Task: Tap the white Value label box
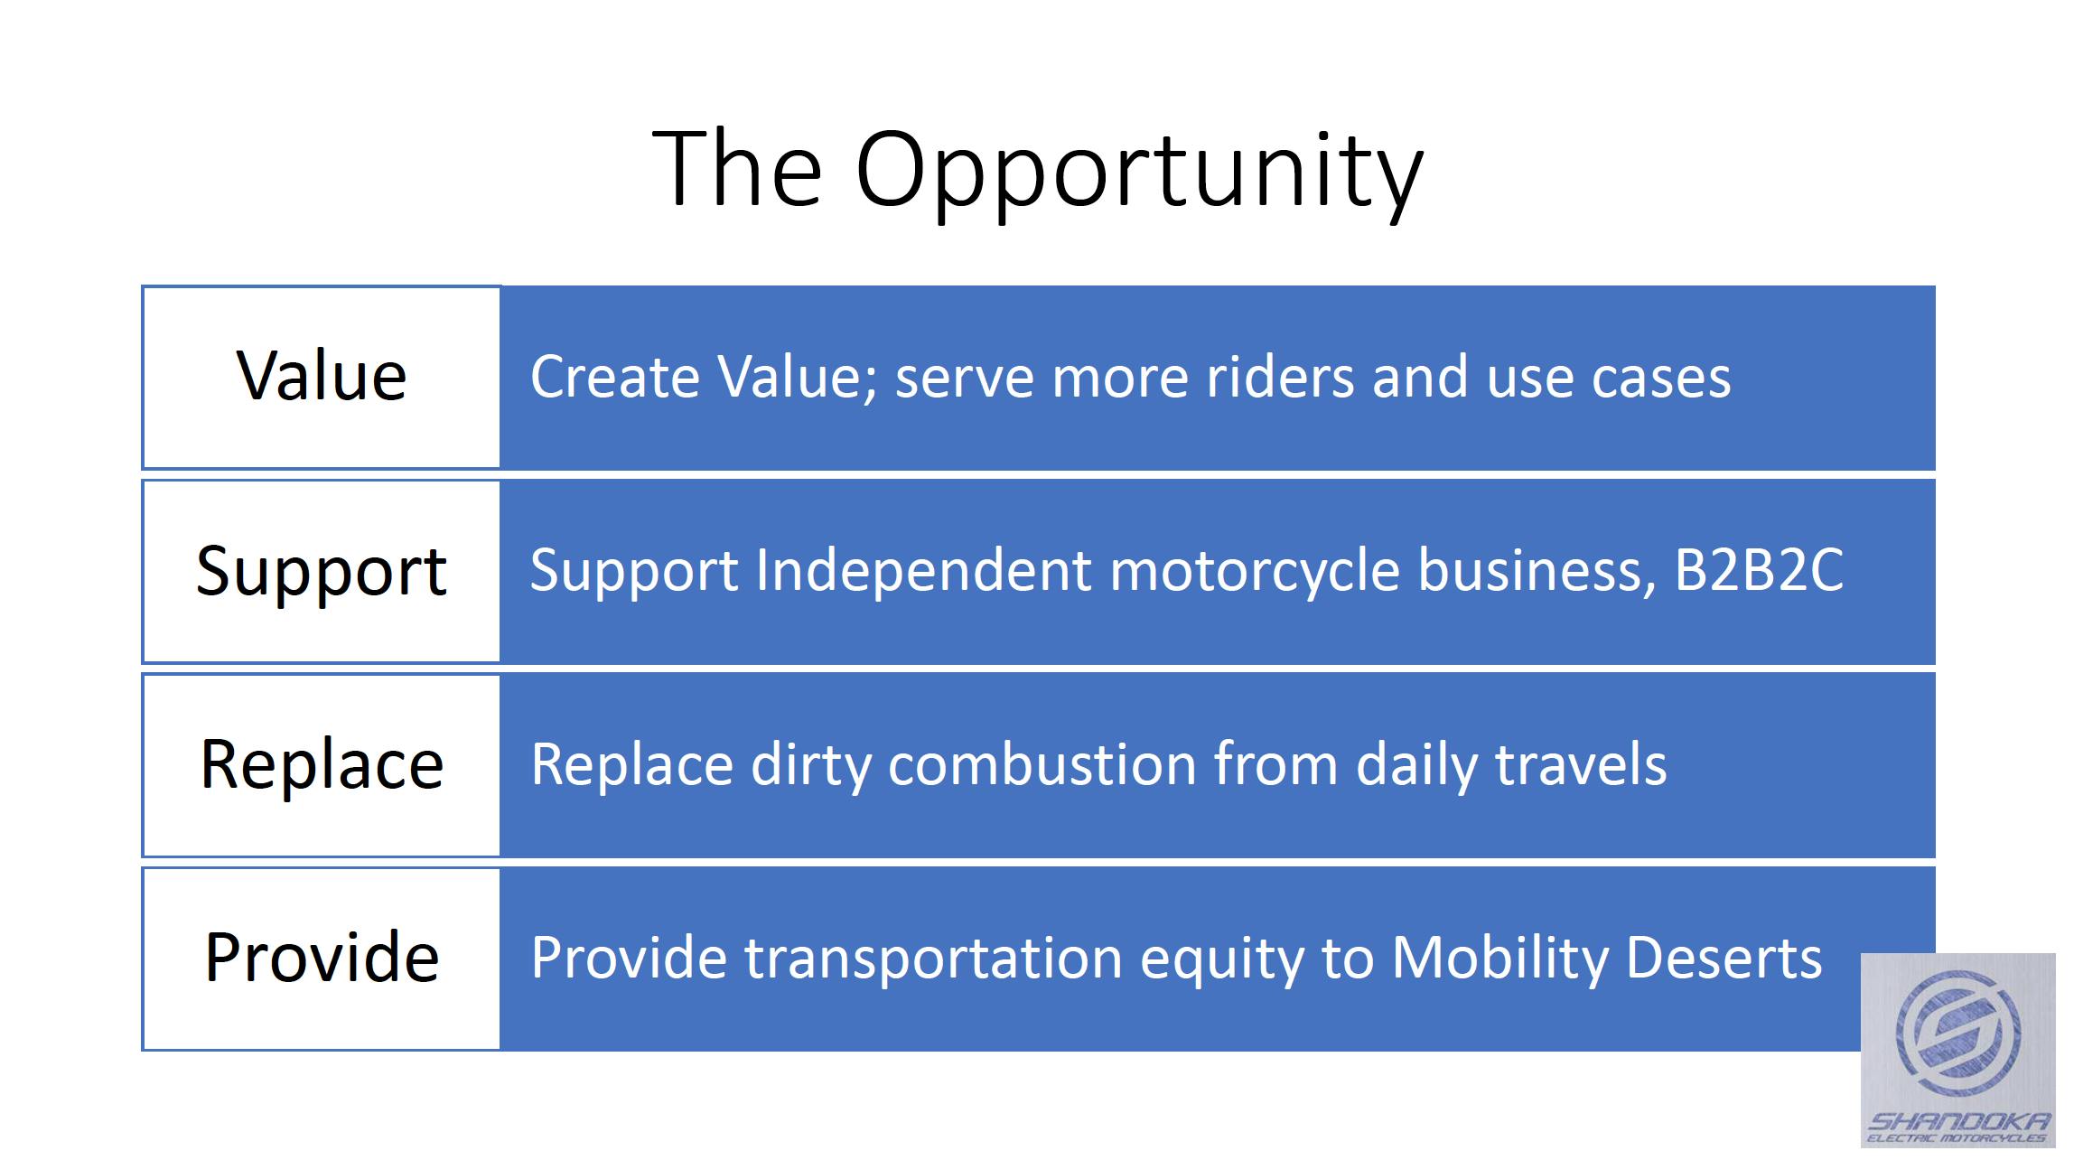[321, 377]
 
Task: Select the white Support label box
[321, 571]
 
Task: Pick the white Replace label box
[321, 764]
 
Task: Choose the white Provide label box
[321, 958]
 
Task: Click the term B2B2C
[1759, 571]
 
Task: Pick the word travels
[1581, 765]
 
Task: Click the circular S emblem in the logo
[1958, 1034]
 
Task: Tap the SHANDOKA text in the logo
[1958, 1121]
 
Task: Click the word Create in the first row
[614, 377]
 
